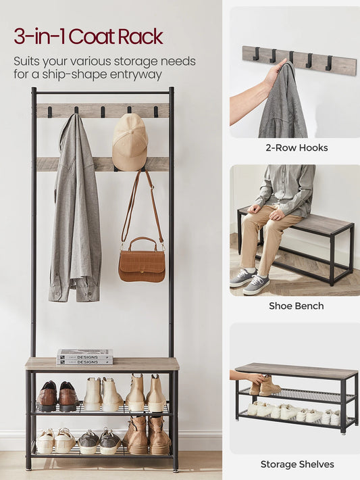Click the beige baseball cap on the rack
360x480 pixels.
[x=130, y=143]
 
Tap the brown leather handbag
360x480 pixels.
[x=142, y=260]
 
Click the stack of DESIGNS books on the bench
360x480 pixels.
[x=84, y=357]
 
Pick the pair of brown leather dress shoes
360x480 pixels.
[x=58, y=396]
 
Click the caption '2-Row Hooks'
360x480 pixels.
[x=297, y=148]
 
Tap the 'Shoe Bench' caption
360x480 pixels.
[x=297, y=306]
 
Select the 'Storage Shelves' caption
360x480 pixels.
[x=297, y=464]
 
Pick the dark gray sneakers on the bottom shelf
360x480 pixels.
[x=100, y=441]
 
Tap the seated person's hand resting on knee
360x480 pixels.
[x=278, y=215]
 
